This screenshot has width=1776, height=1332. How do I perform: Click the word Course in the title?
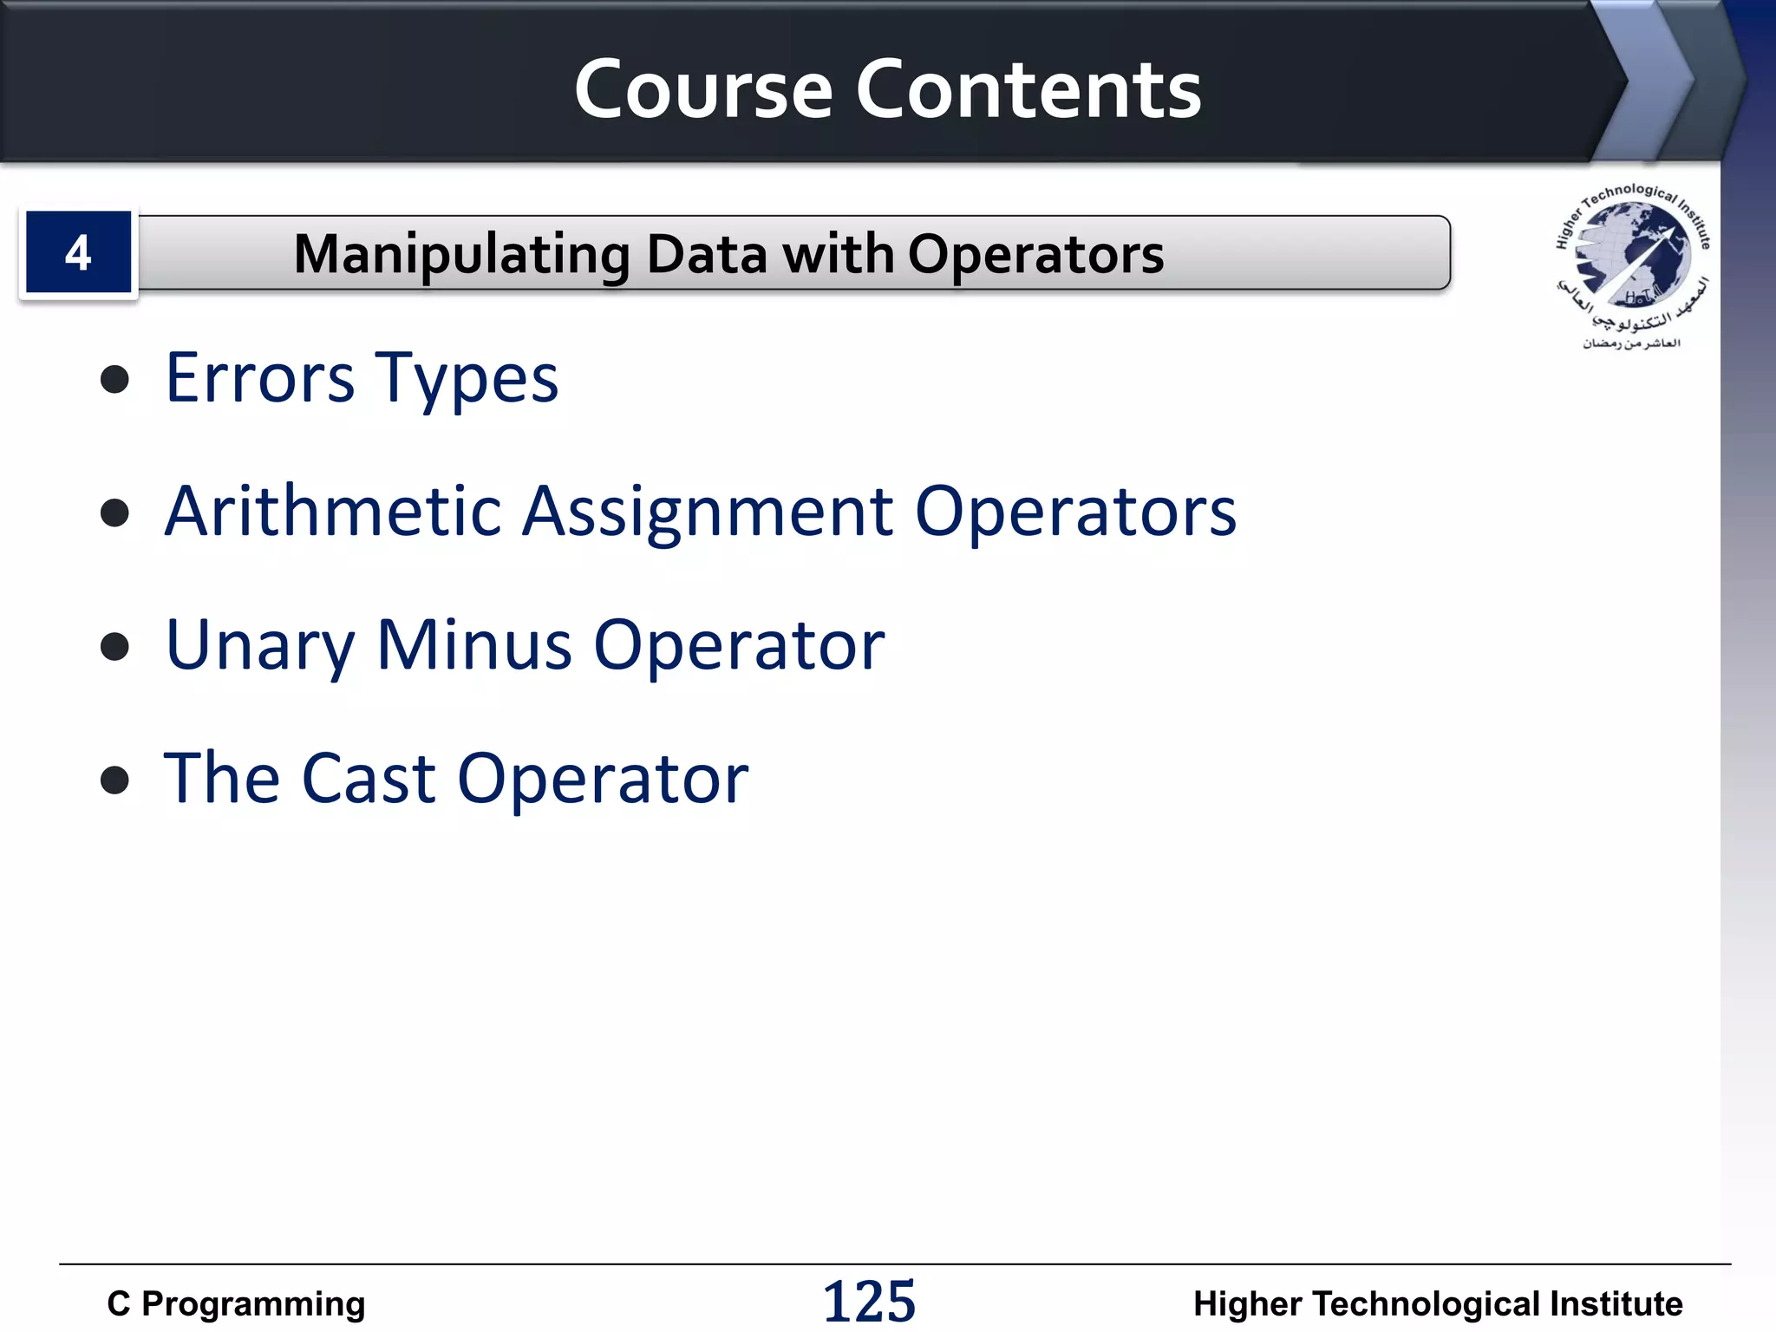pos(703,90)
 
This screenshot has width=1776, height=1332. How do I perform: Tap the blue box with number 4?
pos(78,253)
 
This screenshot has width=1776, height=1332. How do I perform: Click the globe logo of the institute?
pos(1632,258)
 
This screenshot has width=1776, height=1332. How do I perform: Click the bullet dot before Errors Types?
pos(114,380)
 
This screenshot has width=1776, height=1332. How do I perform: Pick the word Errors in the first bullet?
pos(260,378)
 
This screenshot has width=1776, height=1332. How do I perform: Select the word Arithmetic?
pos(334,512)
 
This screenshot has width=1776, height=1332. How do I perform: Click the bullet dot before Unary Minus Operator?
pos(114,646)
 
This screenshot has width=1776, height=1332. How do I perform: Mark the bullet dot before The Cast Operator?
pos(114,780)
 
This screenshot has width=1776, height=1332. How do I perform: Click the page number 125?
pos(869,1302)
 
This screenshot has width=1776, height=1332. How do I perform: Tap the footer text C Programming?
pos(236,1303)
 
